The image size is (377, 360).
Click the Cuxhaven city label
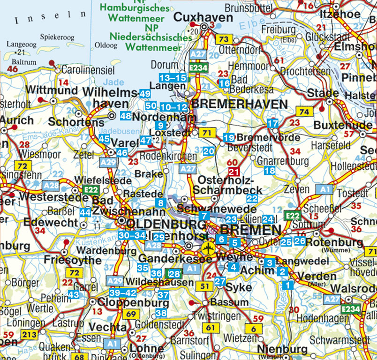click(203, 17)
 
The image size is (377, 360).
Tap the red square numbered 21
click(234, 172)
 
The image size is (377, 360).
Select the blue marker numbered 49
click(145, 94)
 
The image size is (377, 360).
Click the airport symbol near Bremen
click(206, 248)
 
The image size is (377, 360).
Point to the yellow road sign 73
click(224, 39)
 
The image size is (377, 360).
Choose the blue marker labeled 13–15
click(173, 77)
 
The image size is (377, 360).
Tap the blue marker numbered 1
click(287, 284)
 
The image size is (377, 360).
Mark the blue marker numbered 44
click(85, 212)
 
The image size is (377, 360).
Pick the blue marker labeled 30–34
click(131, 235)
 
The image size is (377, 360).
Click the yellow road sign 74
click(304, 112)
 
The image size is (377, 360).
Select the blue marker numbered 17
click(272, 124)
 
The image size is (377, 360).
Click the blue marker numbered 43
click(73, 294)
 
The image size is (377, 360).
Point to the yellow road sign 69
click(132, 314)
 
